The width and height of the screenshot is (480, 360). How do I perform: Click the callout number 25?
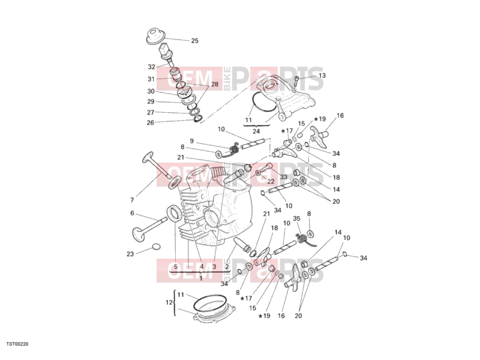(194, 41)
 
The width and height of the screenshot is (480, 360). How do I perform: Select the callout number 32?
(152, 67)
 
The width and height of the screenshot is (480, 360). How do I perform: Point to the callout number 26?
(151, 123)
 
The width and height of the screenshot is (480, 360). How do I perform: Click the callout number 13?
(322, 76)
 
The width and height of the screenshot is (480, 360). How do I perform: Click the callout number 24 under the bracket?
(256, 131)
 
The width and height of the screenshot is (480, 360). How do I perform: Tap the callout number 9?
(191, 141)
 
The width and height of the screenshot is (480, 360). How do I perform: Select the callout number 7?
(132, 200)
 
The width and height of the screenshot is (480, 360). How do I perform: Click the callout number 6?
(132, 213)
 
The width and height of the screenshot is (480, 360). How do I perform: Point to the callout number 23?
(130, 254)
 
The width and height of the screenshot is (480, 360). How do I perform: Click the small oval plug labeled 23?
(156, 247)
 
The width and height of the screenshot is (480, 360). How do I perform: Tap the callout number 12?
(169, 302)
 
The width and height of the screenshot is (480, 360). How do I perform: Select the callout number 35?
(296, 218)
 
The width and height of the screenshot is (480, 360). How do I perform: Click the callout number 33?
(283, 177)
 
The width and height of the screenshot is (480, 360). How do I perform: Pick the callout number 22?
(271, 182)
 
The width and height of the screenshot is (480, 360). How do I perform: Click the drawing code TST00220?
(17, 344)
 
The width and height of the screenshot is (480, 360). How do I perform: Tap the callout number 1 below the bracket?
(201, 278)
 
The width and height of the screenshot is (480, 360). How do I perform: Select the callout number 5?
(176, 267)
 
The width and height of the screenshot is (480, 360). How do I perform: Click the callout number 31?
(151, 79)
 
